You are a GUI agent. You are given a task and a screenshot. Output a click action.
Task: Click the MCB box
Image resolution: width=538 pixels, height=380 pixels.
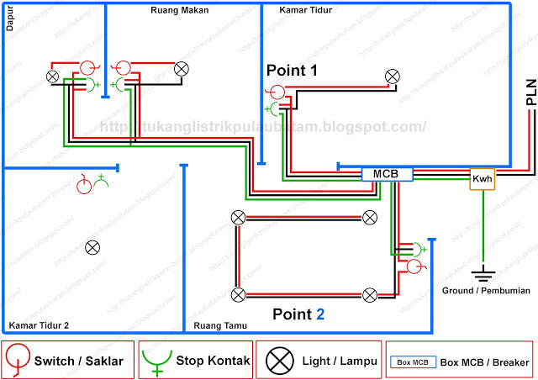tap(387, 174)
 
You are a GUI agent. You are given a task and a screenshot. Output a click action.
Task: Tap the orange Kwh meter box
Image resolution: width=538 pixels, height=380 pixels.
tap(482, 179)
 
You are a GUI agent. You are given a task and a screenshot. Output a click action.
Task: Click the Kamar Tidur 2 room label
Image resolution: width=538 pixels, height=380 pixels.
tap(39, 325)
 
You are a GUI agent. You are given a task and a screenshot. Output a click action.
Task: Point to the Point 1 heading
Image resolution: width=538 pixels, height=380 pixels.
tap(292, 70)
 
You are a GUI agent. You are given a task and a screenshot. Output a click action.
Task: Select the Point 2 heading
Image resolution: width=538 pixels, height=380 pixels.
tap(298, 314)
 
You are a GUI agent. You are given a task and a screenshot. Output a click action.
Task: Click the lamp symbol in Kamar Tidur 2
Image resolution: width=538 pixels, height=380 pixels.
tap(93, 247)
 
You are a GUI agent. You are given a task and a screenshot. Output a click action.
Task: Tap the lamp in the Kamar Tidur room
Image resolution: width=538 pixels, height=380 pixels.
tap(392, 77)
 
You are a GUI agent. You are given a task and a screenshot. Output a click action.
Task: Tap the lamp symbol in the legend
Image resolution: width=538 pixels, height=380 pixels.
tap(278, 361)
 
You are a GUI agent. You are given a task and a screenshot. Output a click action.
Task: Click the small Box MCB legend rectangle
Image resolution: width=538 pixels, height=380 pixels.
tap(411, 362)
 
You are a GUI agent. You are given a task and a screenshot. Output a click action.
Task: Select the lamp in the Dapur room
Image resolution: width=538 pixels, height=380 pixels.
tap(52, 77)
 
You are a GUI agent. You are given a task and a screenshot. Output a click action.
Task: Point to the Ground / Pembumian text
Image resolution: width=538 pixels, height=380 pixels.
tap(486, 290)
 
